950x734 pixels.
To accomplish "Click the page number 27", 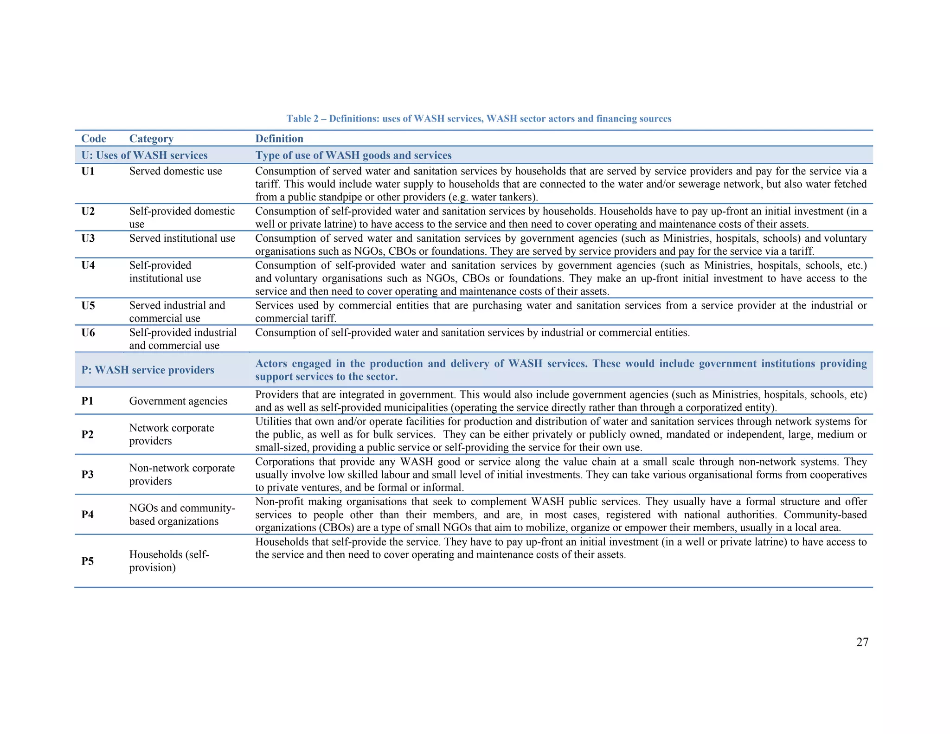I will coord(862,642).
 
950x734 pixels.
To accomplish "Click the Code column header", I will coord(94,139).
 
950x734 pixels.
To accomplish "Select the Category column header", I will coord(151,139).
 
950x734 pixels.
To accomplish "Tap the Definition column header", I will coord(279,139).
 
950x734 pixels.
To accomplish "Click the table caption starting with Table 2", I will coord(479,119).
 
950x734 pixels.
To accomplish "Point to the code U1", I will coord(88,171).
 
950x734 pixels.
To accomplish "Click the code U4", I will coord(88,265).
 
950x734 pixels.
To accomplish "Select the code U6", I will coord(88,333).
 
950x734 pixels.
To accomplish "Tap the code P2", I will coord(88,434).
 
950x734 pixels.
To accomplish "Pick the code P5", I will coord(88,561).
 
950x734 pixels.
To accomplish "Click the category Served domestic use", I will coord(175,171).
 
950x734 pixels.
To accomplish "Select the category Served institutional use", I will coord(182,238).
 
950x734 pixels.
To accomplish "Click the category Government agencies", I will coord(178,401).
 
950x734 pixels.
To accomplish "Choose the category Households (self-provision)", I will coord(169,561).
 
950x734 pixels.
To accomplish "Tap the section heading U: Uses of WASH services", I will coord(144,155).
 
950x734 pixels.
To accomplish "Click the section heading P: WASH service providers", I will coord(148,370).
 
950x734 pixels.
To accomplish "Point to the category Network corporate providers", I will coord(171,434).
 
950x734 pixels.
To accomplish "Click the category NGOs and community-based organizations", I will coord(182,515).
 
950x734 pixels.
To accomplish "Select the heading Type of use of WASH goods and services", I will coord(353,155).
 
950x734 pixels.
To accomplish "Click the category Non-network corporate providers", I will coord(182,474).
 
